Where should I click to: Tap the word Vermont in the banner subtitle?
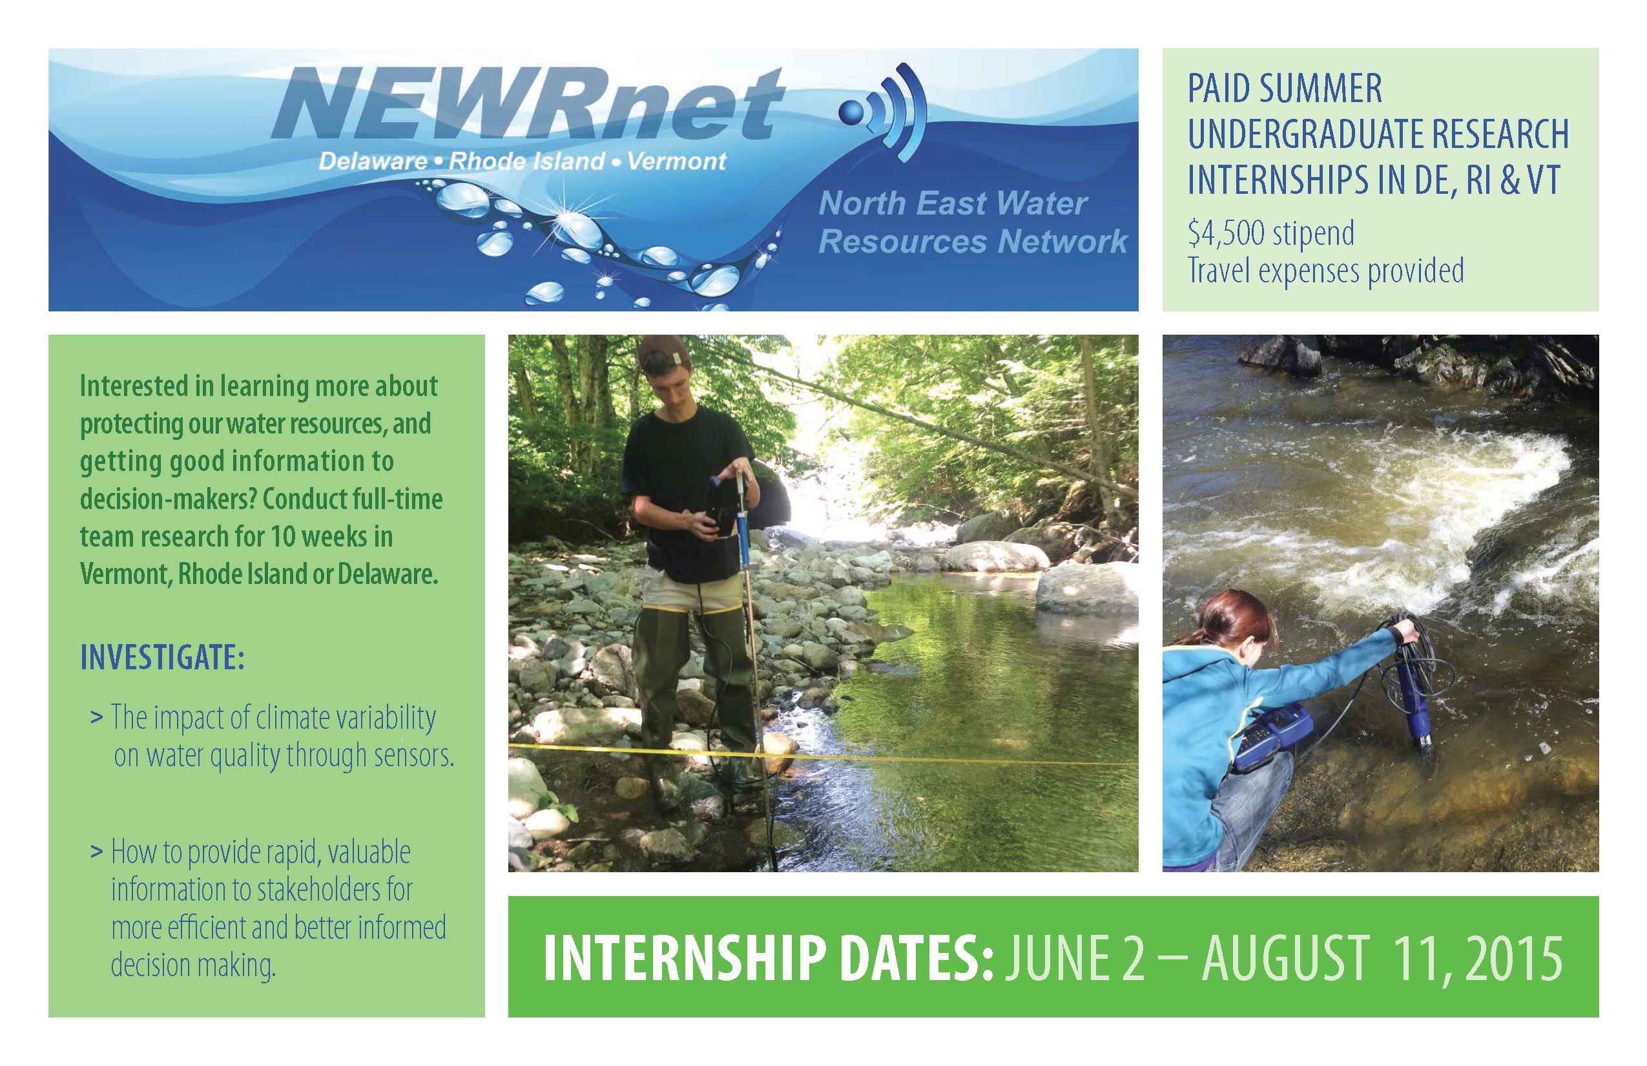[x=676, y=162]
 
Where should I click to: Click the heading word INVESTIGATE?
[x=162, y=657]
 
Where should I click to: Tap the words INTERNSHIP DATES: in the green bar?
[x=768, y=958]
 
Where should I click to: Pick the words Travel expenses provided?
[x=1325, y=271]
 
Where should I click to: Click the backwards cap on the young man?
[x=665, y=353]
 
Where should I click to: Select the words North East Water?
[x=952, y=203]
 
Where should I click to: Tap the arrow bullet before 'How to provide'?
[x=96, y=852]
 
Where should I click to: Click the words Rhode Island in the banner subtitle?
[x=527, y=162]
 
